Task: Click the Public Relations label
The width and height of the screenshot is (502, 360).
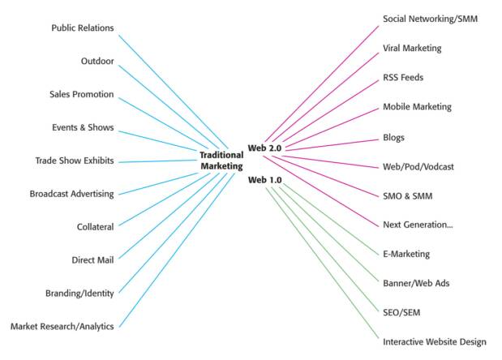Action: tap(83, 28)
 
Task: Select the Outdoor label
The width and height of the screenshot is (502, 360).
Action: tap(97, 62)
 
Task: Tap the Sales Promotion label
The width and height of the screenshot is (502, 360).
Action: tap(82, 95)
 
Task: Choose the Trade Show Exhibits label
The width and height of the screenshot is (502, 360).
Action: tap(75, 161)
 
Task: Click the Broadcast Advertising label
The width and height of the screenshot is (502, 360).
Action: tap(71, 194)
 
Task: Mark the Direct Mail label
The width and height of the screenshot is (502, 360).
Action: tap(92, 260)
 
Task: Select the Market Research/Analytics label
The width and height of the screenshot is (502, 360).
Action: tap(62, 327)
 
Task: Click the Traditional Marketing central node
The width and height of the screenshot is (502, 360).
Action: tap(221, 161)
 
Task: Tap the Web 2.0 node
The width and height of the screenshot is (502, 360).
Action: tap(266, 149)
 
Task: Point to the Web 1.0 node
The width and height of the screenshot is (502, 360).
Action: tap(266, 180)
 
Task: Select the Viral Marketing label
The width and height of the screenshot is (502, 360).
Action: tap(412, 49)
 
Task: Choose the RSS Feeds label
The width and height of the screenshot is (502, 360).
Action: tap(403, 78)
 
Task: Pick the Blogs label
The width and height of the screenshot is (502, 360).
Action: tap(393, 137)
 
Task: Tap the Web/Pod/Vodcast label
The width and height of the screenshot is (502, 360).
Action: tap(418, 166)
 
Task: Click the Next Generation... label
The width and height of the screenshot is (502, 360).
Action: tap(418, 225)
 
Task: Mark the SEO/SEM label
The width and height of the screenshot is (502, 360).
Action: tap(401, 312)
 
